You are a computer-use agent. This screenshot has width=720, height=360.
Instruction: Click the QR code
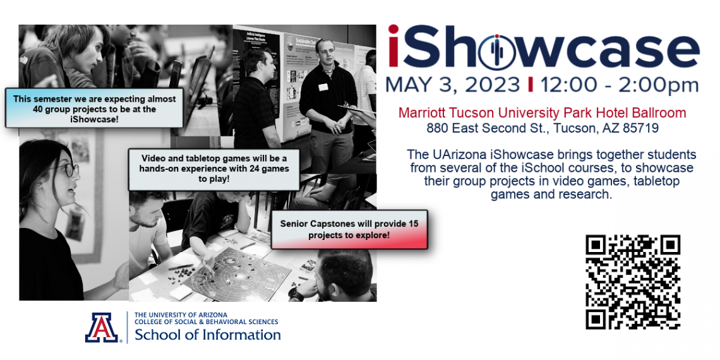click(x=633, y=282)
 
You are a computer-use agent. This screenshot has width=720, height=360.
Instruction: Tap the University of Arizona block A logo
click(x=102, y=327)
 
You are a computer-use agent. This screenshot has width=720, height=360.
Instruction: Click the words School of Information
click(x=208, y=334)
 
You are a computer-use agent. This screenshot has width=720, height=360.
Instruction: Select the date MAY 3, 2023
click(x=452, y=85)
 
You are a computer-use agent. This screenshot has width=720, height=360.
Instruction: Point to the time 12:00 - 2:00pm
click(x=619, y=85)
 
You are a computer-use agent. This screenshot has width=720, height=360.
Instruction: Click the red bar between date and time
click(x=531, y=85)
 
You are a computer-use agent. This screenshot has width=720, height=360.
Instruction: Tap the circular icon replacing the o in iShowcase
click(x=496, y=51)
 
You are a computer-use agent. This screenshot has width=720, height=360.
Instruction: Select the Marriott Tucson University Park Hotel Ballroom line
click(x=543, y=112)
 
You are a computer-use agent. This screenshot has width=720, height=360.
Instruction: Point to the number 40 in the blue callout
click(x=39, y=109)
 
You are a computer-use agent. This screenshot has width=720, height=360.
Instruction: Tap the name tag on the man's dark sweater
click(x=323, y=87)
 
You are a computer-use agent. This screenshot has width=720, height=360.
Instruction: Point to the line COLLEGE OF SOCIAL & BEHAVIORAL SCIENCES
click(x=206, y=322)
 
